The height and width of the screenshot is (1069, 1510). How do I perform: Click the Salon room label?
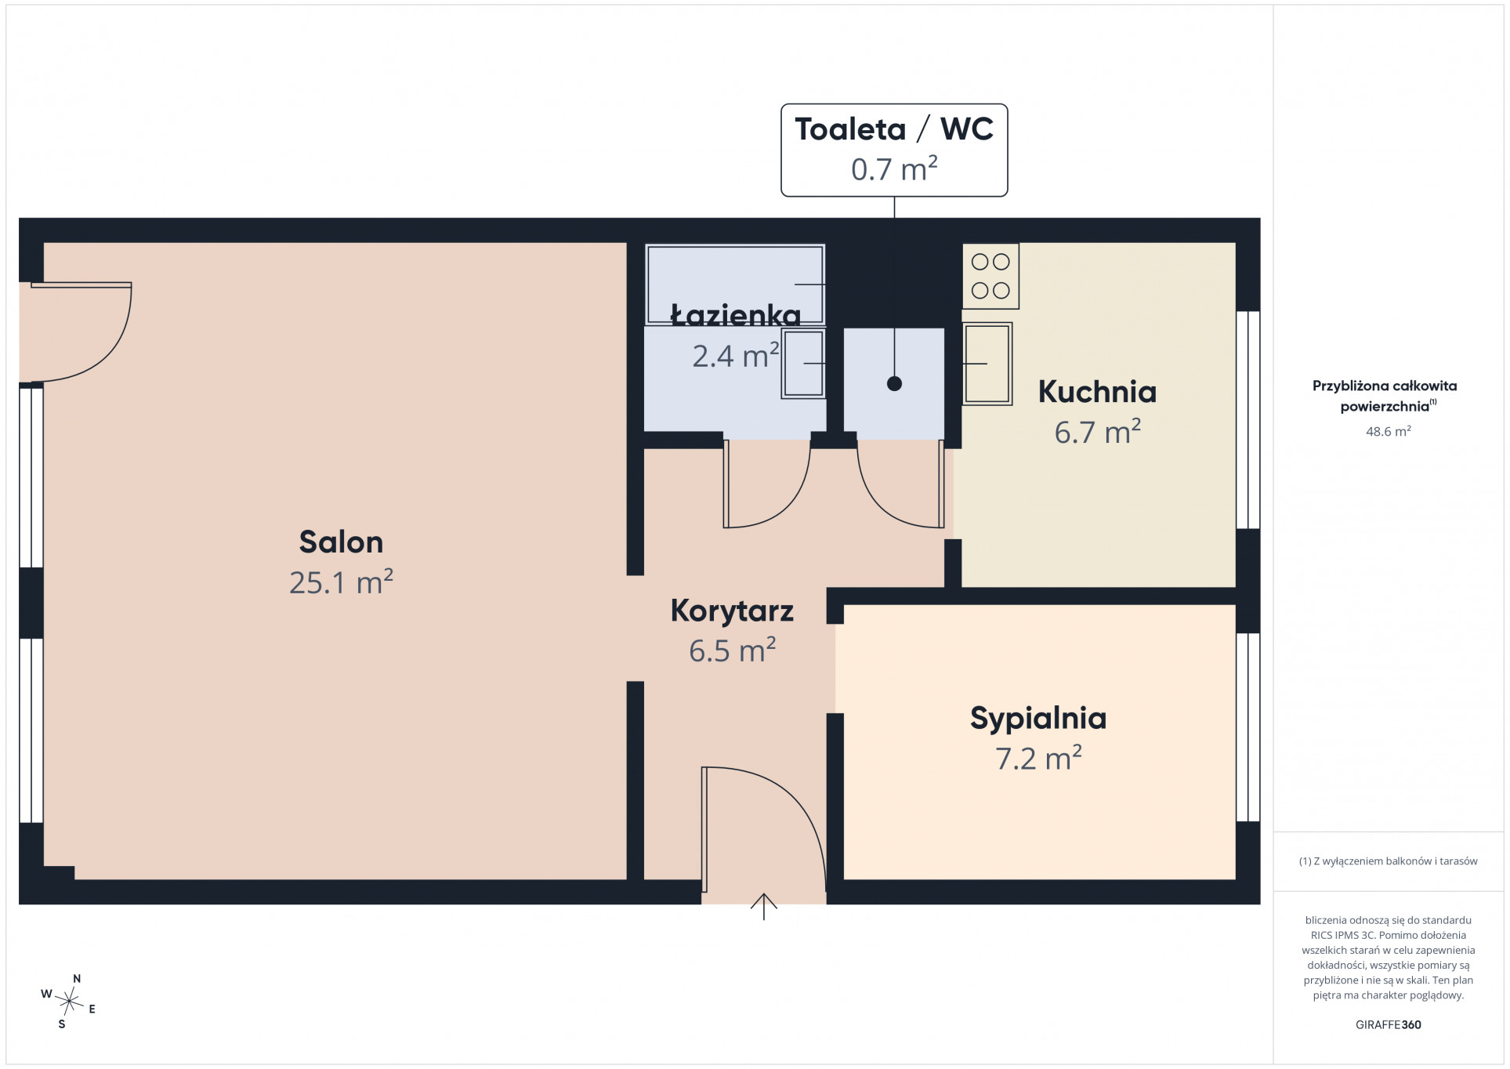coord(341,542)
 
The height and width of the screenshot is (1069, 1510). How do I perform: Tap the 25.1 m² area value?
coord(341,582)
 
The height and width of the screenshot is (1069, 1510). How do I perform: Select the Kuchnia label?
coord(1097,392)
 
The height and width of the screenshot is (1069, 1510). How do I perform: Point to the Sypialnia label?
coord(1038,719)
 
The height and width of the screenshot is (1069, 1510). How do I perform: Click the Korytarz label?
coord(732,611)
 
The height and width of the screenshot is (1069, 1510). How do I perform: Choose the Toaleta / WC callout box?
coord(894,150)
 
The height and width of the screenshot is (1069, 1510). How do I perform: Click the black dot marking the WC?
coord(894,384)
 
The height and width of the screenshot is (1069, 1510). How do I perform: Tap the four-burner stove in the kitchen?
coord(990,276)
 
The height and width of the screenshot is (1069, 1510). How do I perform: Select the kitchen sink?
coord(987,364)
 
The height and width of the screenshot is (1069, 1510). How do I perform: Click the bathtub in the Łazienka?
coord(735,284)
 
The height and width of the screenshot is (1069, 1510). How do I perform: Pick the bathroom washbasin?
coord(803,364)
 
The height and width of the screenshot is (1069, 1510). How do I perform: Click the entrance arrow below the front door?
coord(763,907)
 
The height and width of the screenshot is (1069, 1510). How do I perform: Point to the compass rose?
coord(69,1001)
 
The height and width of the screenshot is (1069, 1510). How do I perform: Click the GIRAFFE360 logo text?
coord(1388,1024)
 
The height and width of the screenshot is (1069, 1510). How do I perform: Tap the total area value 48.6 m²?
coord(1388,431)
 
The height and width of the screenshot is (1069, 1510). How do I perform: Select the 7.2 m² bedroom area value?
coord(1038,759)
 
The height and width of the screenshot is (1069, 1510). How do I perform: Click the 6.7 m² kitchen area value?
coord(1097,432)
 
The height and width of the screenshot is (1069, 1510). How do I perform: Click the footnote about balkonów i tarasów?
coord(1388,861)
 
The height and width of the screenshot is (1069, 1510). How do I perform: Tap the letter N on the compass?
coord(77,979)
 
